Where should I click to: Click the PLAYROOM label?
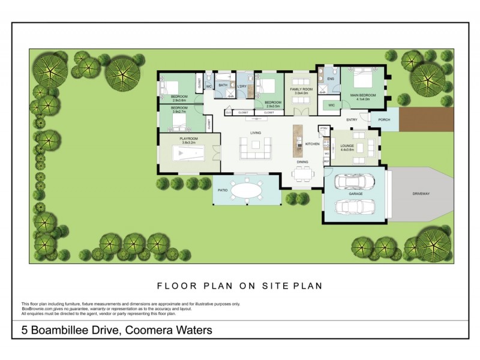(x=188, y=139)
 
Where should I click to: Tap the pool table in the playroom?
(x=188, y=154)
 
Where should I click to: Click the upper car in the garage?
(x=353, y=180)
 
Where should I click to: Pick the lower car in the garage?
(x=353, y=206)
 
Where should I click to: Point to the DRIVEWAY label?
(x=421, y=194)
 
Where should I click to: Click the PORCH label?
(x=384, y=119)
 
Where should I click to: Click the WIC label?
(x=331, y=105)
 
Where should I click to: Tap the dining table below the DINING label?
(x=302, y=175)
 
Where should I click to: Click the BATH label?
(x=223, y=85)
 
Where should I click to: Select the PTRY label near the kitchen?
(x=323, y=128)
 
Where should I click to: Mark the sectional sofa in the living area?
(x=255, y=148)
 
